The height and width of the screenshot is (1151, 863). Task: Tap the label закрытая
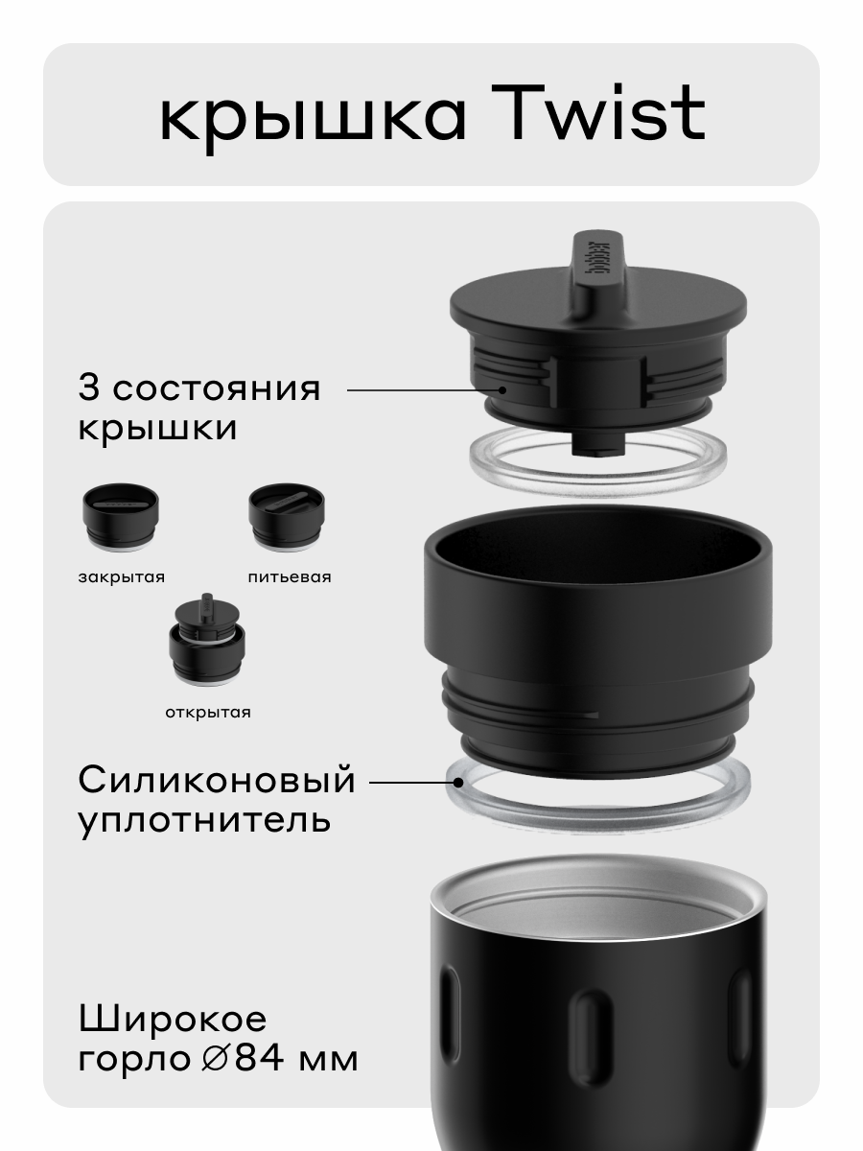122,577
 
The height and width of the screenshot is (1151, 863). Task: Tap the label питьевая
289,577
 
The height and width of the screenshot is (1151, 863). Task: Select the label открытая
206,712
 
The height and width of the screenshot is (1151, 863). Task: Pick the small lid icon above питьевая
287,517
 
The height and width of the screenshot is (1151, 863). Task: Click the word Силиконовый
217,780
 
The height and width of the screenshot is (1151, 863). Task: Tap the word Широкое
173,1018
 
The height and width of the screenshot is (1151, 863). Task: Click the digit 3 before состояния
89,388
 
